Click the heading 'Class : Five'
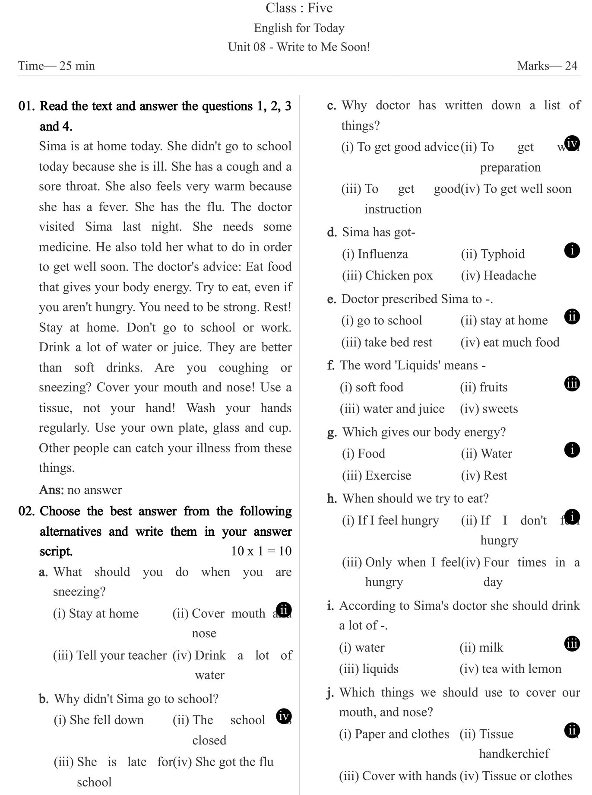tap(299, 8)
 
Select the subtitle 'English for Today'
tap(299, 28)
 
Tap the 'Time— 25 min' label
tap(57, 66)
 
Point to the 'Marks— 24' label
tap(547, 66)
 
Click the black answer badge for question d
tap(572, 250)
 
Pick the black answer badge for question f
tap(572, 384)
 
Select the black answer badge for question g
tap(572, 450)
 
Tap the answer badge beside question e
tap(572, 317)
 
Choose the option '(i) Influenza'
tap(375, 254)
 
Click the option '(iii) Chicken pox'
tap(387, 276)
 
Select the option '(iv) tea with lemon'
tap(510, 669)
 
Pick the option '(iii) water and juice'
tap(392, 409)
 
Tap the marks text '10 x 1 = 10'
tap(261, 551)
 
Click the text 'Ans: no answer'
tap(80, 490)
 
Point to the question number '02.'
tap(26, 511)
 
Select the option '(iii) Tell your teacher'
tap(110, 655)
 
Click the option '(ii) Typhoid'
tap(493, 254)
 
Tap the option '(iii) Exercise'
tap(377, 476)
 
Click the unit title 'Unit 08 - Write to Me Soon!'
tap(299, 47)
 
